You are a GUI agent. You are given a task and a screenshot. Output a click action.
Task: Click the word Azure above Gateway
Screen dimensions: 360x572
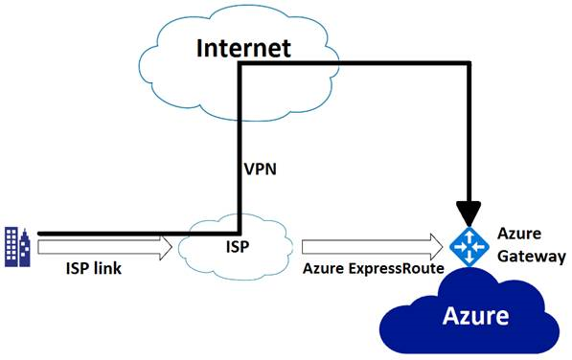[518, 235]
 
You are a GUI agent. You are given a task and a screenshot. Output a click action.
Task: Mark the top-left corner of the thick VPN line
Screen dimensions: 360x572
[239, 64]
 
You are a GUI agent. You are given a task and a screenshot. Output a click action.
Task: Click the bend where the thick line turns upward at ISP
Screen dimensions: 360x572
[239, 233]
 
